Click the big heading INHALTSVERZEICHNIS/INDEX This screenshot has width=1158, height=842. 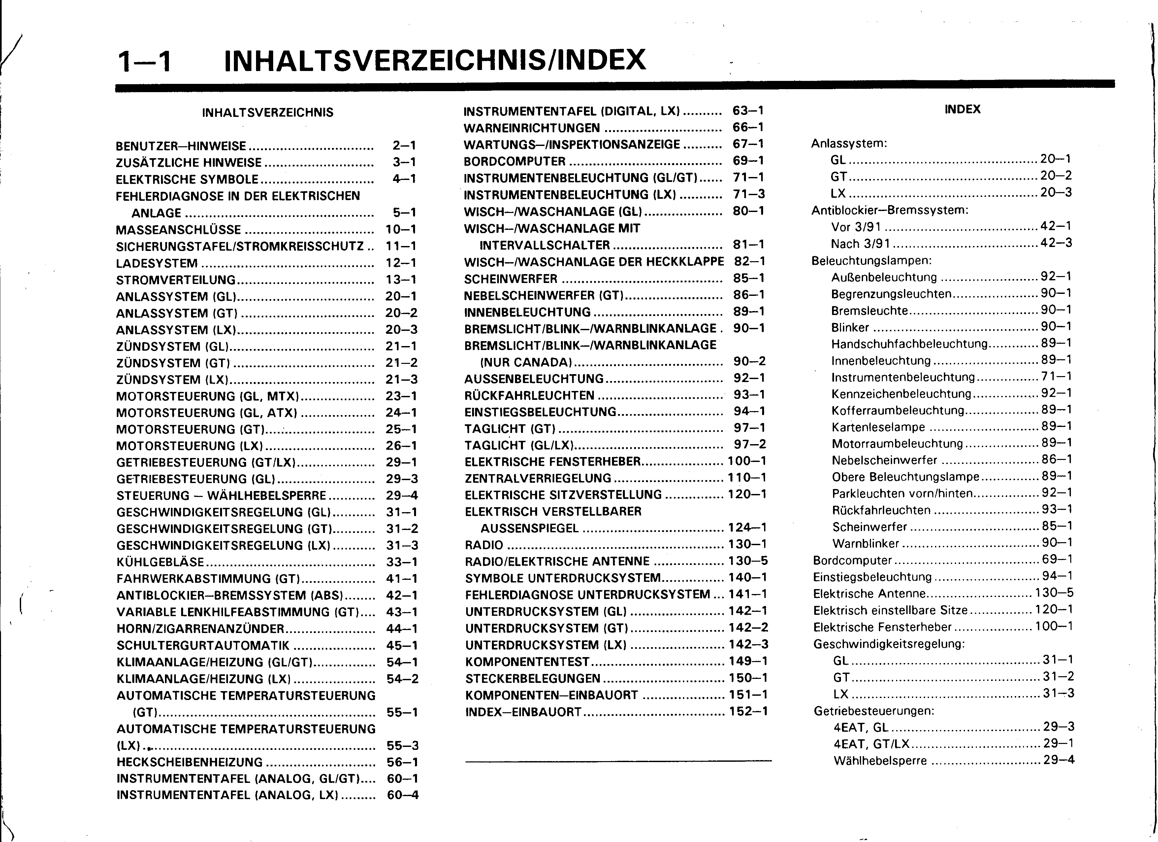coord(435,60)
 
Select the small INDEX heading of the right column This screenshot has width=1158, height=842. coord(962,109)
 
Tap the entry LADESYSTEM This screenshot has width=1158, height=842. coord(157,263)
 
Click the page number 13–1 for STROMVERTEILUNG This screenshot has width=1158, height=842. coord(401,280)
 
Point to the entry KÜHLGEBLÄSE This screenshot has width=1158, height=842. coord(160,563)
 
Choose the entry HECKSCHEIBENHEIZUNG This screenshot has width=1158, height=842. coord(189,762)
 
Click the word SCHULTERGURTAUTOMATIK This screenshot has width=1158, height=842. coord(203,646)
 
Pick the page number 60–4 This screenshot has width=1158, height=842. coord(403,795)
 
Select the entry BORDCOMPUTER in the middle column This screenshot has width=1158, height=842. coord(515,161)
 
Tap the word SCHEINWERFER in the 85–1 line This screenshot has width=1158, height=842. coord(511,279)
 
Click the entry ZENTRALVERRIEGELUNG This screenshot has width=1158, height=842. coord(538,478)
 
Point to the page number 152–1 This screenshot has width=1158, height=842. coord(748,711)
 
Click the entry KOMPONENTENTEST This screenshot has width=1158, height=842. coord(528,662)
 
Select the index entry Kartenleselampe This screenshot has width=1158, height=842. coord(878,427)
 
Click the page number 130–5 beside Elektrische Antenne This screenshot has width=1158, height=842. coord(1054,593)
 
